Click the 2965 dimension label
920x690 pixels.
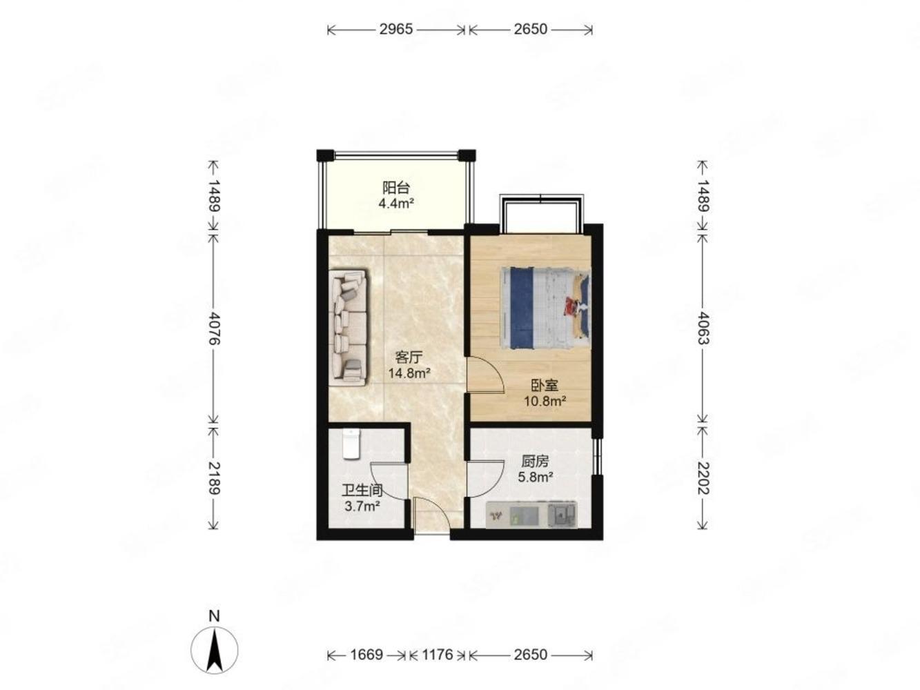(x=396, y=30)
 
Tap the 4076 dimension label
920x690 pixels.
(x=214, y=328)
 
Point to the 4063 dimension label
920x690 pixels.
(x=703, y=328)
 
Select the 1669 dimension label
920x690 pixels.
(x=366, y=654)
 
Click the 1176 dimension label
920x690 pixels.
(x=437, y=654)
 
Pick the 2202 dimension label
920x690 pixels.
(x=703, y=478)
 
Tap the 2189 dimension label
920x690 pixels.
(x=214, y=478)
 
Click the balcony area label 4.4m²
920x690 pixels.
(x=396, y=204)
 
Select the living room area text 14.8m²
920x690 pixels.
(x=409, y=373)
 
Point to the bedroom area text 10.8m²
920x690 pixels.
(x=545, y=401)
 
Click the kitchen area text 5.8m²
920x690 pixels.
(x=536, y=477)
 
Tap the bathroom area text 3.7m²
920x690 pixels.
(x=362, y=506)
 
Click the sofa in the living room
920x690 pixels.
(x=348, y=328)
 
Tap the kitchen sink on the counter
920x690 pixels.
(x=562, y=515)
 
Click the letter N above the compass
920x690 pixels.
(x=214, y=616)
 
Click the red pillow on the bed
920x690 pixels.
(x=571, y=305)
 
